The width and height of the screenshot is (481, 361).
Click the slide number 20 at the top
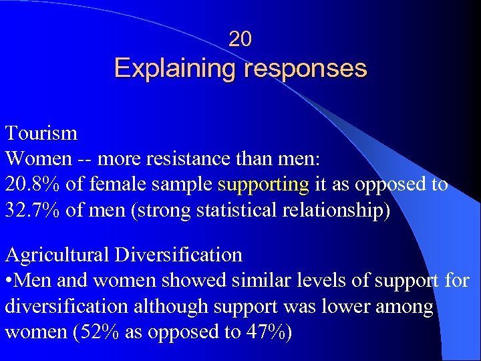(x=240, y=40)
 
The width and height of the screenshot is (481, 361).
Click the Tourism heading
(x=41, y=133)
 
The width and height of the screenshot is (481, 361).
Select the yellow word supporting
(x=263, y=185)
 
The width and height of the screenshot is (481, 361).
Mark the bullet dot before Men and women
(x=9, y=281)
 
